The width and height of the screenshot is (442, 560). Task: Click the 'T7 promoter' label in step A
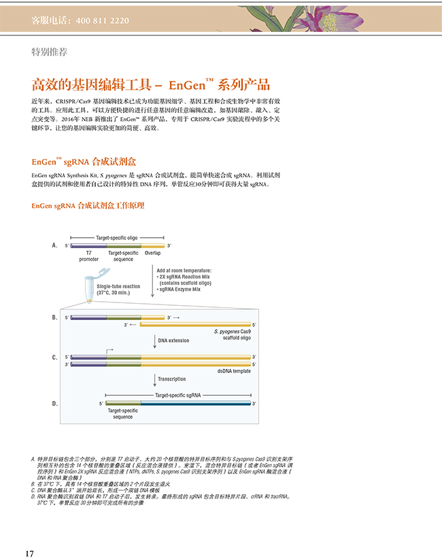[88, 256]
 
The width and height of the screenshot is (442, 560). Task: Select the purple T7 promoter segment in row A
[87, 245]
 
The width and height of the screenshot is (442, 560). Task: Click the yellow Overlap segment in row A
[152, 245]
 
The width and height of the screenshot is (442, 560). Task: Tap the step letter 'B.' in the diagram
[55, 317]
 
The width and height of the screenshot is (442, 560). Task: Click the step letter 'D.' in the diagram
[55, 404]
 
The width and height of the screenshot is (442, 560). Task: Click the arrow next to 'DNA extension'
[155, 340]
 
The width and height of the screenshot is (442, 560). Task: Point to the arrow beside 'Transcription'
[155, 379]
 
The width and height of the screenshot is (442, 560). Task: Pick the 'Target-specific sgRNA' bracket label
[177, 394]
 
